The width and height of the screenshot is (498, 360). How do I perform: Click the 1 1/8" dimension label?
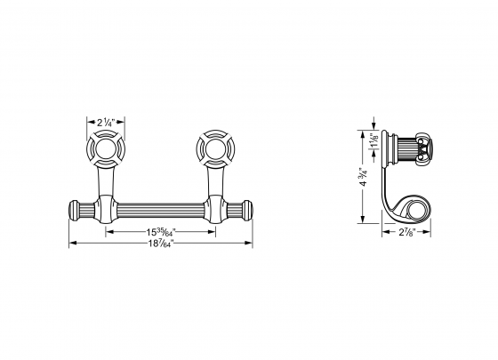click(372, 142)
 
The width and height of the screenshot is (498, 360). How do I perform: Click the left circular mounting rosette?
click(105, 148)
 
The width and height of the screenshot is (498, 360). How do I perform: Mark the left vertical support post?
click(105, 184)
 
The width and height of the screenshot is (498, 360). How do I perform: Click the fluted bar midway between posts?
click(160, 212)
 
